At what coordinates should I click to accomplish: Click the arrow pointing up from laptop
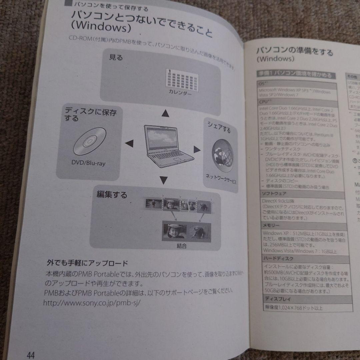[164, 114]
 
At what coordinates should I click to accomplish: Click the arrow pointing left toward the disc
[129, 144]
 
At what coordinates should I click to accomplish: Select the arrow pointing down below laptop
[163, 180]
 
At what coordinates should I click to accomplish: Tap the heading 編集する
[112, 195]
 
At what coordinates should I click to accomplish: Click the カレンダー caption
[180, 92]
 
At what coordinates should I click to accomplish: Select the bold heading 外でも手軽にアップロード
[87, 263]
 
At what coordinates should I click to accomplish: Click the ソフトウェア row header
[271, 193]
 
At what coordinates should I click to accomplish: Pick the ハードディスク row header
[274, 258]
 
